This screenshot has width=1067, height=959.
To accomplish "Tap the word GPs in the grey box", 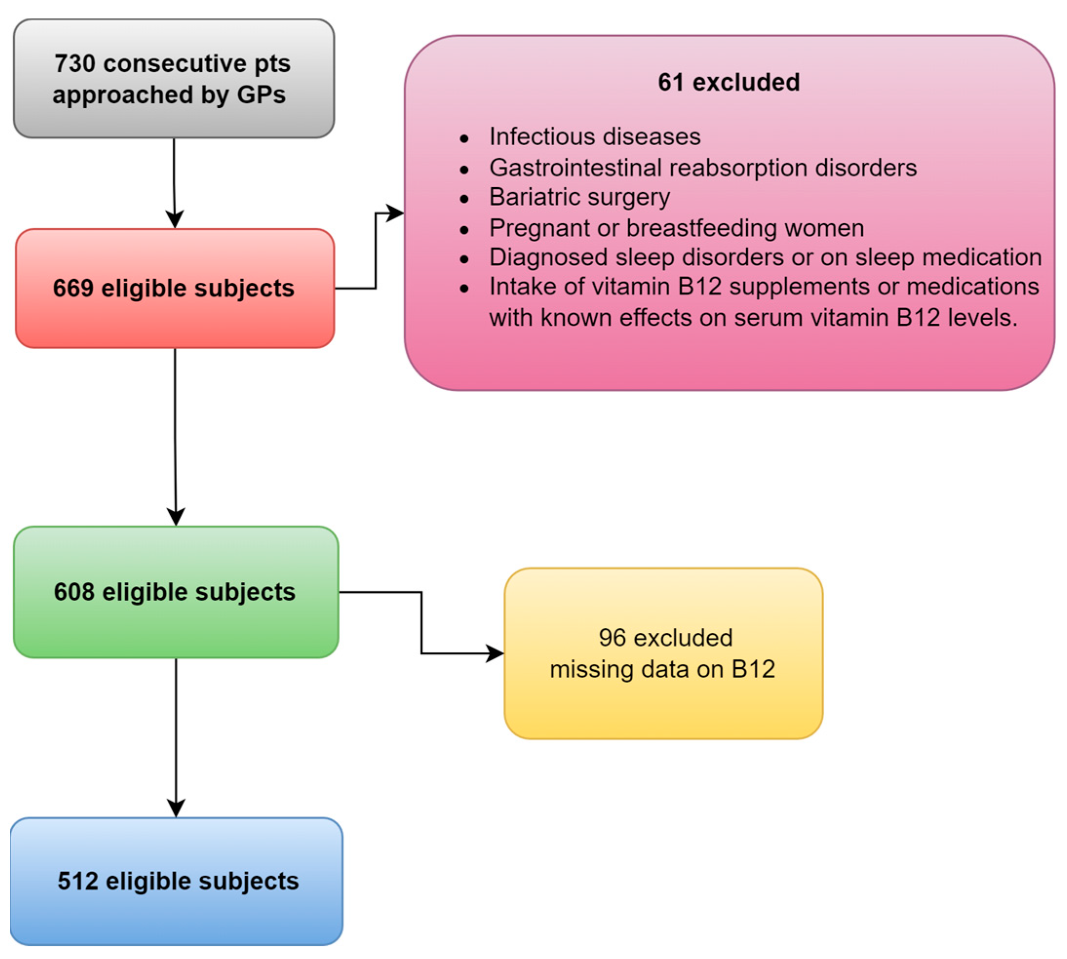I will pyautogui.click(x=261, y=96).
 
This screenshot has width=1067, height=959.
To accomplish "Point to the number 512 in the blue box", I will pyautogui.click(x=78, y=881).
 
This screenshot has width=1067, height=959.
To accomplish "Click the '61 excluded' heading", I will pyautogui.click(x=728, y=82).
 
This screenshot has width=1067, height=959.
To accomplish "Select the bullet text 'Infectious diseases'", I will pyautogui.click(x=594, y=137).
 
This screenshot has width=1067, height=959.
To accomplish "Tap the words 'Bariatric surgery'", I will pyautogui.click(x=579, y=197).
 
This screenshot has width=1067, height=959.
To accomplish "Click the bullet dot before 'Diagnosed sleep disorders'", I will pyautogui.click(x=464, y=259).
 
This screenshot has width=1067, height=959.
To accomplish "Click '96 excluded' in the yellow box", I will pyautogui.click(x=665, y=638).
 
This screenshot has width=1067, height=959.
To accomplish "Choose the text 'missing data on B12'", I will pyautogui.click(x=662, y=670).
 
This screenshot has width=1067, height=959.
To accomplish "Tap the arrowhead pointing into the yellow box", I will pyautogui.click(x=495, y=653).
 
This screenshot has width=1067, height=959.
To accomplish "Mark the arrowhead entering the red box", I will pyautogui.click(x=175, y=219).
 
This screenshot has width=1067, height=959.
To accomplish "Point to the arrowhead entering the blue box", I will pyautogui.click(x=175, y=807).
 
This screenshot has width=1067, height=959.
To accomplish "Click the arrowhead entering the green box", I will pyautogui.click(x=175, y=516).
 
